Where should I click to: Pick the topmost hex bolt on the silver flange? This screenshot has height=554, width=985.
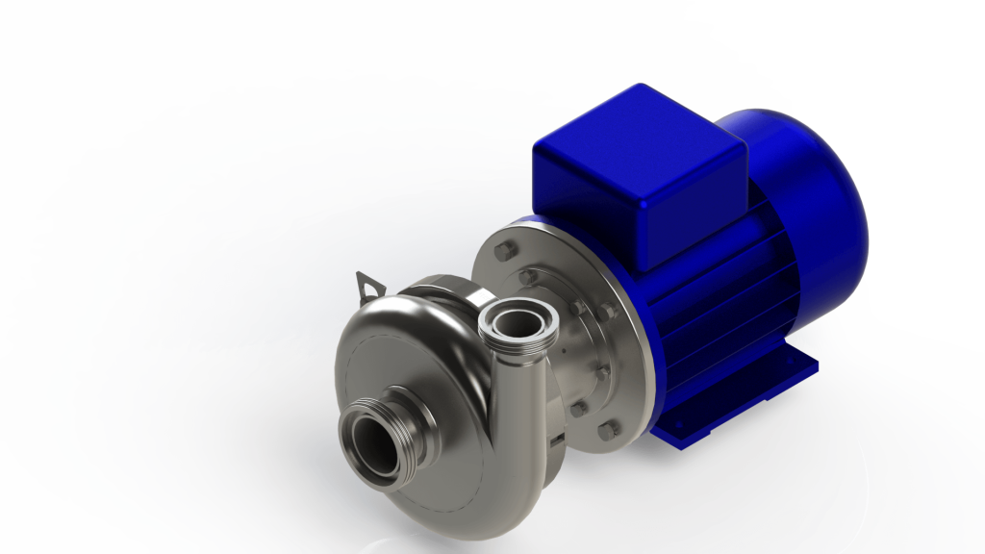click(x=501, y=254)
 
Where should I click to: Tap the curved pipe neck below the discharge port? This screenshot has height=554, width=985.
click(x=500, y=385)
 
